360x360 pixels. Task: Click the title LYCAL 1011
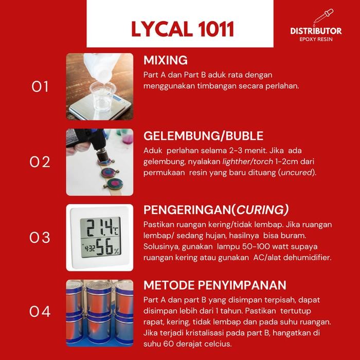(183, 29)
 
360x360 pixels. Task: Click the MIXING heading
(165, 60)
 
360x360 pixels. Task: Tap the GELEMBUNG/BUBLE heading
(203, 136)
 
